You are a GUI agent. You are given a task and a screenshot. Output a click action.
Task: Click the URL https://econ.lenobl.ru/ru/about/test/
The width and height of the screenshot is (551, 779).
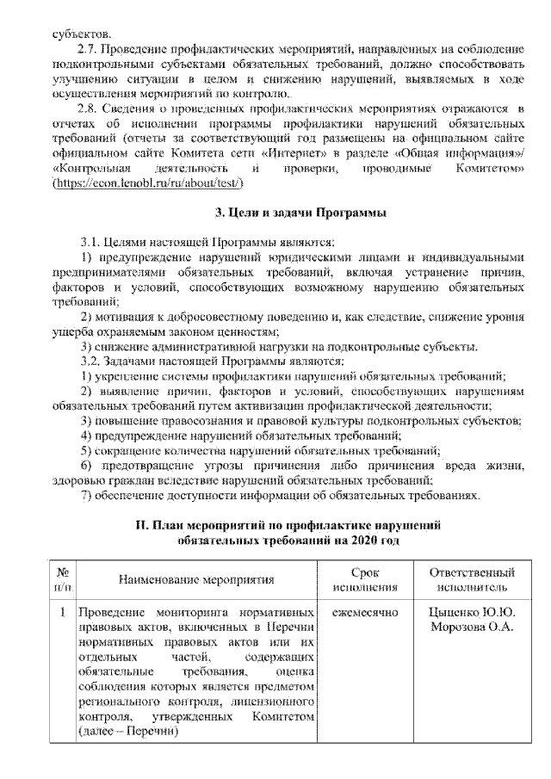pyautogui.click(x=141, y=185)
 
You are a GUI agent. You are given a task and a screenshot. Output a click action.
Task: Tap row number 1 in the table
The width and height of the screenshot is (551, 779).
pyautogui.click(x=62, y=614)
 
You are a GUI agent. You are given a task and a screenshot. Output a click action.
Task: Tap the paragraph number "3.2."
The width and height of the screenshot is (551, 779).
pyautogui.click(x=92, y=360)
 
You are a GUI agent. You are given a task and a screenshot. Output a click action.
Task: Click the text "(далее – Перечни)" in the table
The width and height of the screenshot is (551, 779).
pyautogui.click(x=127, y=731)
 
